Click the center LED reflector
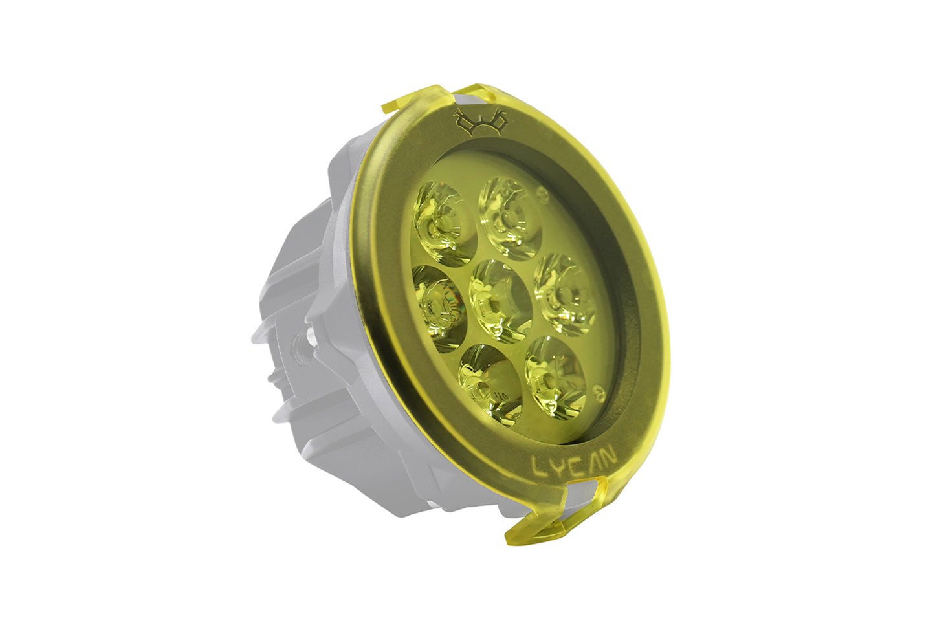500,301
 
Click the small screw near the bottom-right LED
599,391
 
